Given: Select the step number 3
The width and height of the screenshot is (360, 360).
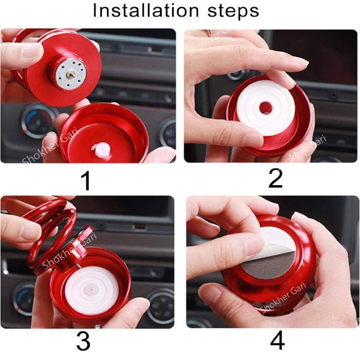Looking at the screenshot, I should [x=83, y=342].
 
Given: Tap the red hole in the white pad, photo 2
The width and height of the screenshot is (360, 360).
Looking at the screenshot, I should [x=266, y=108].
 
